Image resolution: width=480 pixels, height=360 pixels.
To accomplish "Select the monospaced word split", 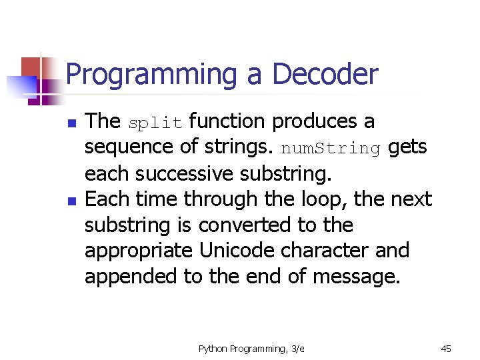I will [x=155, y=123].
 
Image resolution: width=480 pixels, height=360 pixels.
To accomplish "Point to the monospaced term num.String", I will [x=331, y=149].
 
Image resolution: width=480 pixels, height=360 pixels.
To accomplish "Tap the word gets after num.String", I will [x=407, y=147].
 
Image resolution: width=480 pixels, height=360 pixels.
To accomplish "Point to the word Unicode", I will [x=236, y=251].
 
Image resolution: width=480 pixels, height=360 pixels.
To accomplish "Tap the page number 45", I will [x=446, y=348].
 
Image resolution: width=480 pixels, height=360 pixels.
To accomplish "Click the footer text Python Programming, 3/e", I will [x=251, y=348].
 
